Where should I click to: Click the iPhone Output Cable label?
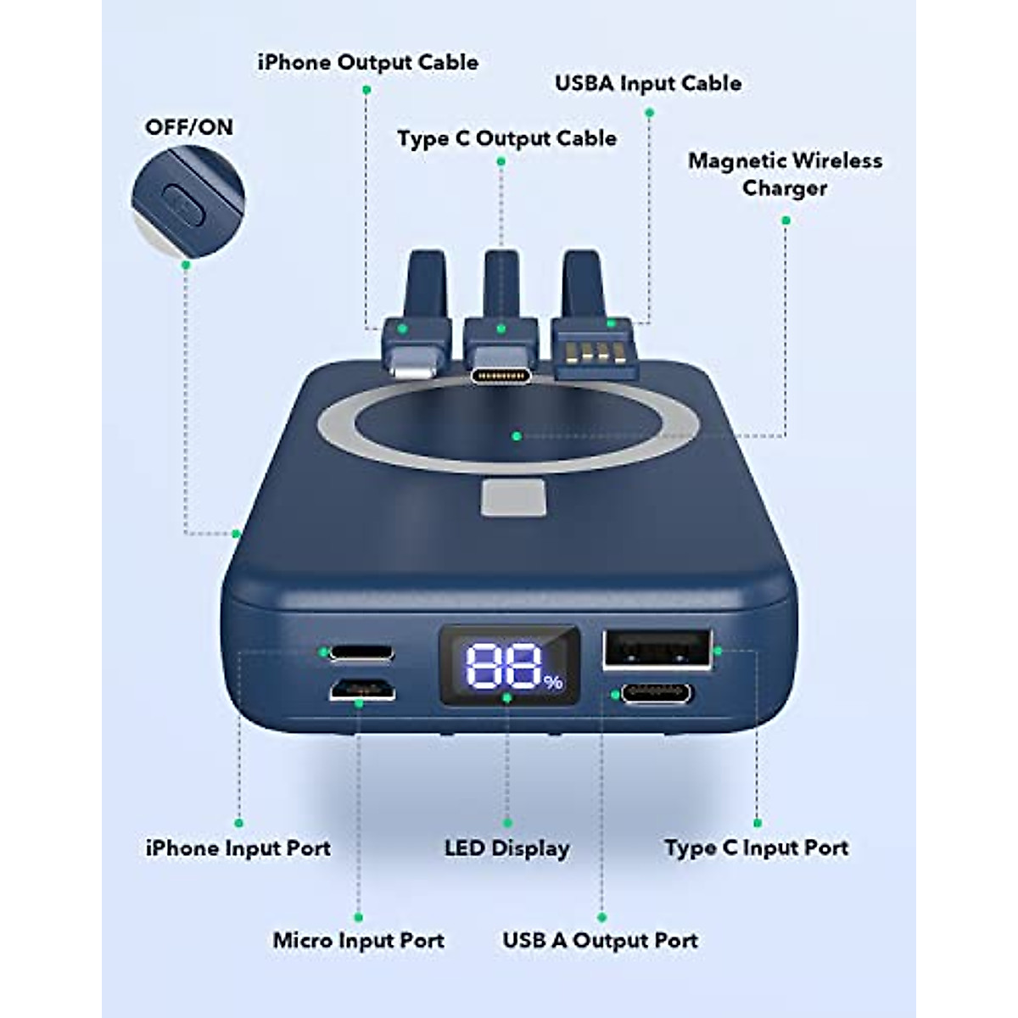367,63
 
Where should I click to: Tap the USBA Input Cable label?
647,83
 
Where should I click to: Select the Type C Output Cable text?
506,138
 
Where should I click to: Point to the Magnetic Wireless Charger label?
785,174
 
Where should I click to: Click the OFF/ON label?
188,127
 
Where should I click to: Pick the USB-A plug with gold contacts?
594,351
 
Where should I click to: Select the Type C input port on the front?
656,694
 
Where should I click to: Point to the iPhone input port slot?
362,652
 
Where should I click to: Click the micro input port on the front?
362,691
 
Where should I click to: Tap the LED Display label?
506,848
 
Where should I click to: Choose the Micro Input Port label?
358,941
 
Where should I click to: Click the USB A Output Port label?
600,941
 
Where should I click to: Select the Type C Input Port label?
756,848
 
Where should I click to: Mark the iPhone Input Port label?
238,848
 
